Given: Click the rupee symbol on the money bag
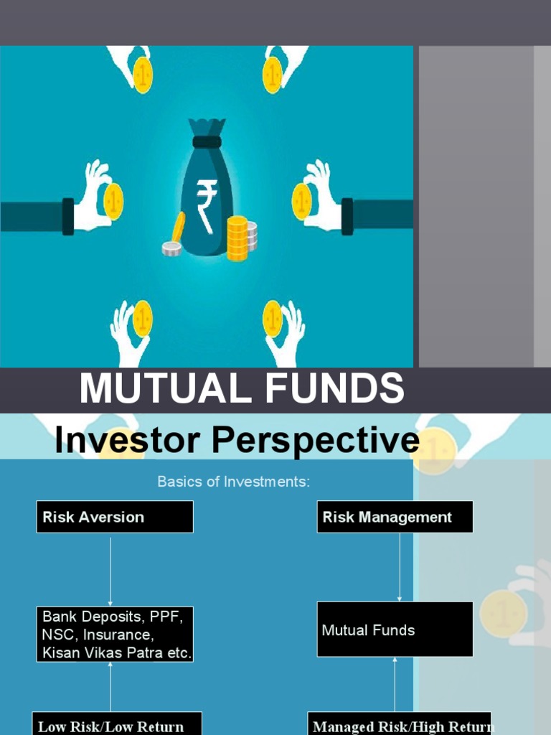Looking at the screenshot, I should click(x=207, y=205).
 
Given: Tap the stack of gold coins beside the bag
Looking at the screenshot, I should click(x=237, y=238).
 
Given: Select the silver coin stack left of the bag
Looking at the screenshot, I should click(x=171, y=248).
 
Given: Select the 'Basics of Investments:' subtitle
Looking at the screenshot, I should click(x=234, y=482).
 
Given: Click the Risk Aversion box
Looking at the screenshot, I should click(x=115, y=517).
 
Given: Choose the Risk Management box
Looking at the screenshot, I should click(x=395, y=517).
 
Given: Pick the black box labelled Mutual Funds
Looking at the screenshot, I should click(x=395, y=629).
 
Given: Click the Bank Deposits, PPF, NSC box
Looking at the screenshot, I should click(x=115, y=634).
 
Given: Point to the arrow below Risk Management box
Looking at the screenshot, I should click(x=400, y=567).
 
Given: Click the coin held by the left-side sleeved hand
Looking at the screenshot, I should click(x=113, y=201).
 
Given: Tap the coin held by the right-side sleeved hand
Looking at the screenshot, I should click(x=301, y=201).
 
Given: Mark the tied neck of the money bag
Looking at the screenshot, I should click(x=207, y=141).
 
